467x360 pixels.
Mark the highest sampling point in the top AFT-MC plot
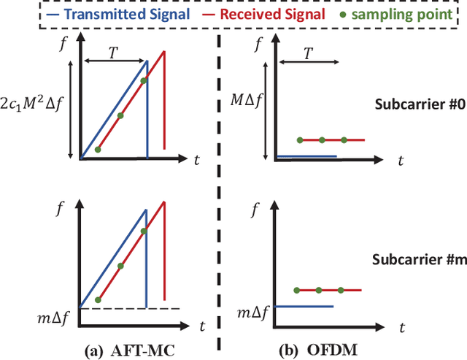point(144,80)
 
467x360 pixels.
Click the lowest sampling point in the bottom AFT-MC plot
point(98,299)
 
